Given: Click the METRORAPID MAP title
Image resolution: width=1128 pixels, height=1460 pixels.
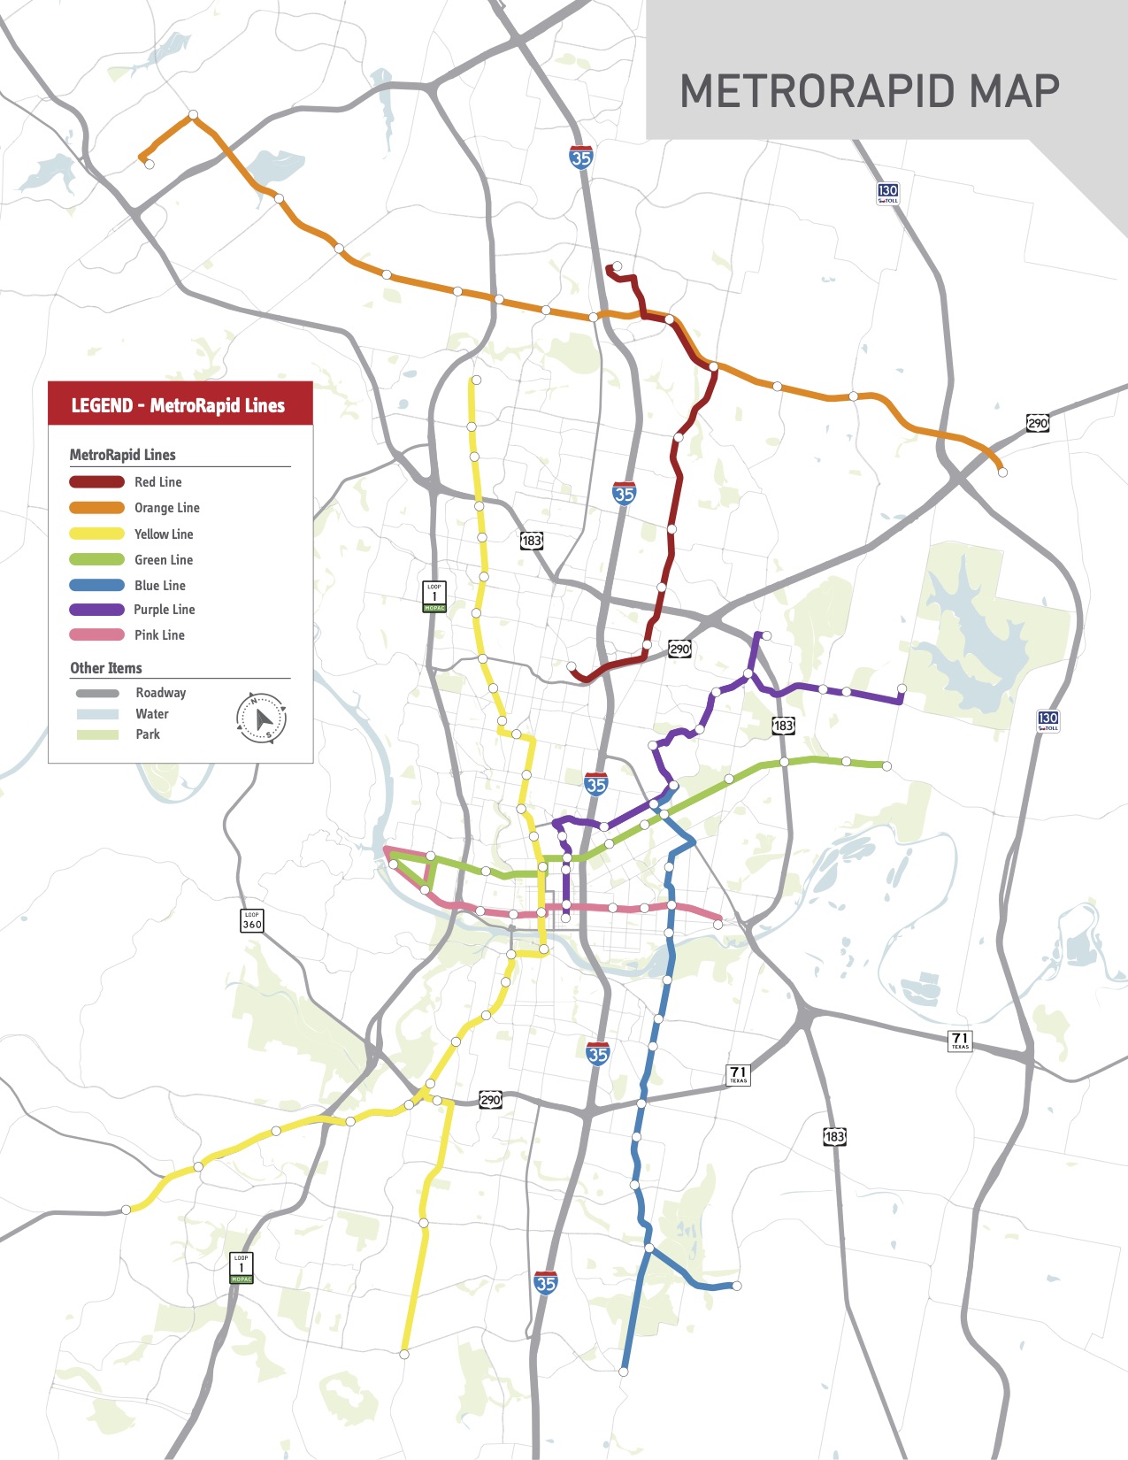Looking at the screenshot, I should coord(870,91).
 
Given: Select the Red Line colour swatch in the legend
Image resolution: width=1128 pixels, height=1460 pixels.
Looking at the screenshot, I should coord(96,482).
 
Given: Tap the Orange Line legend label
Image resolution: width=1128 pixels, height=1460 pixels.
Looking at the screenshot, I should coord(166,508).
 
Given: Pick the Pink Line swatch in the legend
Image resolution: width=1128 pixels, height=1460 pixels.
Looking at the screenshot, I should coord(96,635).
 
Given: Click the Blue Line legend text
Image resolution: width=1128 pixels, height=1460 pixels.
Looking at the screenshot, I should coord(160,586).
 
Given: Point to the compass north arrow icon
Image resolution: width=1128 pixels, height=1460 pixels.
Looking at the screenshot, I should coord(261,718).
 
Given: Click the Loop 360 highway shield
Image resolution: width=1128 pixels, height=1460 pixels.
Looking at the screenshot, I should coord(252,920).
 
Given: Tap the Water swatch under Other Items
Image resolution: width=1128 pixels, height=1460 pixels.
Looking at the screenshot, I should coord(97,714).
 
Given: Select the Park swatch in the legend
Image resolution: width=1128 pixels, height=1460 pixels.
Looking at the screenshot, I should coord(97,734).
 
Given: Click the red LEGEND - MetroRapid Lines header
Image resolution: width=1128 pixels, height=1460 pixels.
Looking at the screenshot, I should coord(180,404).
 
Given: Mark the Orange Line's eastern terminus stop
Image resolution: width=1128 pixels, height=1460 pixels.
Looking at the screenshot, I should coord(1002,473).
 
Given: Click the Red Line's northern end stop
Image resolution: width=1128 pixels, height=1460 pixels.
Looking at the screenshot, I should coord(617,266).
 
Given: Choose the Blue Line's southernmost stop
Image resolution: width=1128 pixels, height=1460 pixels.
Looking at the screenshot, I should coord(624,1372).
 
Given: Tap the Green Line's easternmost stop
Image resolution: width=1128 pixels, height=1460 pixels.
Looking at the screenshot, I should coord(886,766).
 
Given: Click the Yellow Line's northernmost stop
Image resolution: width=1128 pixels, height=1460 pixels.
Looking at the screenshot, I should coord(476,380).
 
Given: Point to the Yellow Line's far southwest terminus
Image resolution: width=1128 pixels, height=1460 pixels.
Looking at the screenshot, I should coord(127,1210).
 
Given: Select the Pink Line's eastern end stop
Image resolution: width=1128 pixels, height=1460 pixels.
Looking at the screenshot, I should coord(718,925).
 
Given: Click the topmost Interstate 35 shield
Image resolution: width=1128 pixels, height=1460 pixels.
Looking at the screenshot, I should coord(581,158).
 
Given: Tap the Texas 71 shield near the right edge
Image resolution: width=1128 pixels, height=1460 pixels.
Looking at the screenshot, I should coord(960,1041).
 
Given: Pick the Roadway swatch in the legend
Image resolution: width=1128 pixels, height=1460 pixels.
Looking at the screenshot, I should coord(97,694).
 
